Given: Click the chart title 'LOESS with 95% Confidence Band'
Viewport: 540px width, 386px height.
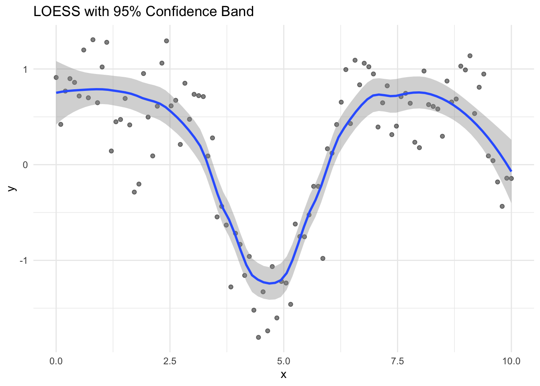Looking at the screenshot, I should pyautogui.click(x=143, y=11).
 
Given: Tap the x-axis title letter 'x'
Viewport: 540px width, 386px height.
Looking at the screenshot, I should pyautogui.click(x=283, y=375).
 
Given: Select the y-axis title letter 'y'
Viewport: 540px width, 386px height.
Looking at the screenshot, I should pyautogui.click(x=12, y=188).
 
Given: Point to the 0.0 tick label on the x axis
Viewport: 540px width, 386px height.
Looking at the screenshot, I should pyautogui.click(x=56, y=361).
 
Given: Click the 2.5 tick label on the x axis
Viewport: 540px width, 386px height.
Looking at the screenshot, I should pyautogui.click(x=170, y=361).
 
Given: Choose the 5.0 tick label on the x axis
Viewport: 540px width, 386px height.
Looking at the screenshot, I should pyautogui.click(x=284, y=361).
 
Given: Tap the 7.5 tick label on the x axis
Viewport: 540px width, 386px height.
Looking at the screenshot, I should pyautogui.click(x=397, y=361).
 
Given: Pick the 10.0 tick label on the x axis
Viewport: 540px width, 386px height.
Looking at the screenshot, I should pyautogui.click(x=511, y=361).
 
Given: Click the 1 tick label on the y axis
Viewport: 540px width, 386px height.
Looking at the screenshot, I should pyautogui.click(x=25, y=69).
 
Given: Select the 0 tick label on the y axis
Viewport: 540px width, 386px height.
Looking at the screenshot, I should pyautogui.click(x=25, y=165).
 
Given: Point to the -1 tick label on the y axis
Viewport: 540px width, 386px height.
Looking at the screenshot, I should pyautogui.click(x=23, y=261).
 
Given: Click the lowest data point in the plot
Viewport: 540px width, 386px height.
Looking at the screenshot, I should pyautogui.click(x=258, y=337).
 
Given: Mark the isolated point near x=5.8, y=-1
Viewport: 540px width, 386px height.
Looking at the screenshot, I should pyautogui.click(x=323, y=259).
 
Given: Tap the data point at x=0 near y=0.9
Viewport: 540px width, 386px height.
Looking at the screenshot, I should pyautogui.click(x=56, y=78).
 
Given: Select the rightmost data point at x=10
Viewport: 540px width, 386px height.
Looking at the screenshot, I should pyautogui.click(x=511, y=179).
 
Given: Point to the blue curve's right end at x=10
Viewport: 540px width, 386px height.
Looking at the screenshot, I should pyautogui.click(x=511, y=171).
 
